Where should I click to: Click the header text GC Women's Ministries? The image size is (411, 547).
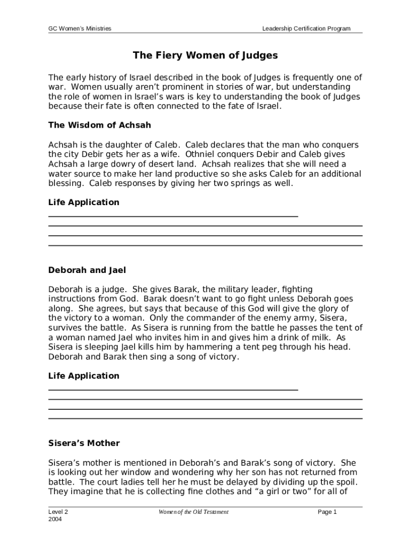[x=80, y=29]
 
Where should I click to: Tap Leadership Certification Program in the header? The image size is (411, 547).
[x=306, y=29]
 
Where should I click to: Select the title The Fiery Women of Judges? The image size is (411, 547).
[x=205, y=56]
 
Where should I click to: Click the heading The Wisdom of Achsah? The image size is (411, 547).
[x=100, y=125]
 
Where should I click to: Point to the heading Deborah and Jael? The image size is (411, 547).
[x=87, y=270]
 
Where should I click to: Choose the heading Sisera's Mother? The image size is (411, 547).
[x=84, y=443]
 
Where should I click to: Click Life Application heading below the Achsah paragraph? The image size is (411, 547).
[x=84, y=202]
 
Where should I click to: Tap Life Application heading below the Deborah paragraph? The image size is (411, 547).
[x=84, y=376]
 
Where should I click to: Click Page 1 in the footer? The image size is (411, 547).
[x=327, y=512]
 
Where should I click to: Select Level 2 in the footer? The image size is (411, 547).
[x=58, y=512]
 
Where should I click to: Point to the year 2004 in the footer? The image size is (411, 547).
[x=55, y=519]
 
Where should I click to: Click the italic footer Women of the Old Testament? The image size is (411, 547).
[x=193, y=512]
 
